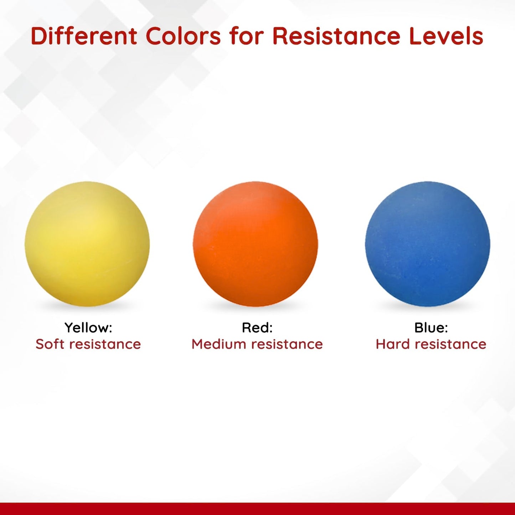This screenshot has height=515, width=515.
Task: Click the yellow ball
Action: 87,244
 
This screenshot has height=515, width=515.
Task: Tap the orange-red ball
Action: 256,244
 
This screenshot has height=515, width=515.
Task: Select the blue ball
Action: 428,244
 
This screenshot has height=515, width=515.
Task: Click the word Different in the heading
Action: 84,36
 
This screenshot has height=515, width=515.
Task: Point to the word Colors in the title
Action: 183,36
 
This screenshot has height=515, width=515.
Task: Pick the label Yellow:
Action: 88,328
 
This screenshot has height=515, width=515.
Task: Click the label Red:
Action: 257,328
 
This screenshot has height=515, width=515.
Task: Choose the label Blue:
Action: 431,328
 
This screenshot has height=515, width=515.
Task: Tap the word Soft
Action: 50,344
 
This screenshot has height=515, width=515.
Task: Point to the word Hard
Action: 393,344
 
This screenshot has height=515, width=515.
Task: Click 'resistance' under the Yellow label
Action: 105,344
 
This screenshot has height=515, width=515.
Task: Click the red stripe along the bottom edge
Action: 257,509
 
